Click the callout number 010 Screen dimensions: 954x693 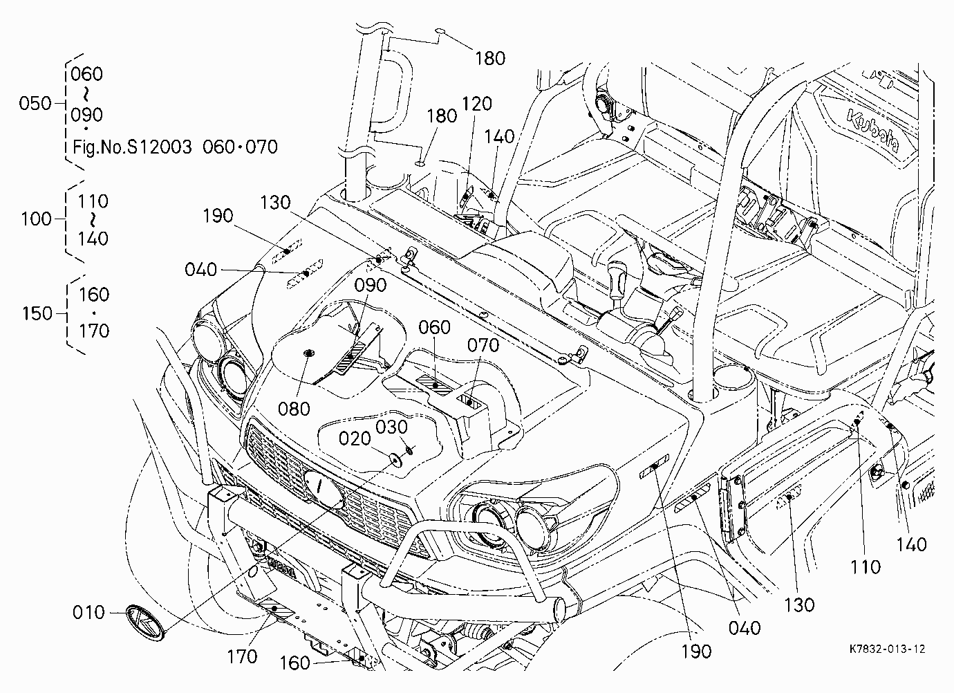click(x=88, y=613)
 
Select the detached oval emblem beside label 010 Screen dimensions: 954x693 click(x=144, y=622)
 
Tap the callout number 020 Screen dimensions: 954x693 click(x=355, y=438)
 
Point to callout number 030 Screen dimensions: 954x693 click(x=391, y=427)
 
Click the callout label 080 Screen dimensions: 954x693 click(x=294, y=409)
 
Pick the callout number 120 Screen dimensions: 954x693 click(x=476, y=104)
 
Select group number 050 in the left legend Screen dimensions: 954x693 click(x=35, y=103)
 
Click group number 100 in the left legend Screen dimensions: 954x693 click(x=36, y=219)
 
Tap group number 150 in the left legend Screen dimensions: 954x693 click(x=37, y=314)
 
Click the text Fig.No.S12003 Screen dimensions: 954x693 click(x=132, y=147)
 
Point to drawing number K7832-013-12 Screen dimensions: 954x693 click(x=888, y=649)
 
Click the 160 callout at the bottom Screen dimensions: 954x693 click(x=294, y=663)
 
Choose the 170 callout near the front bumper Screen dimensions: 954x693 click(x=242, y=656)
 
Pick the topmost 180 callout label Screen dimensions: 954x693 click(x=490, y=58)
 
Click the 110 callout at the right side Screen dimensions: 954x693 click(x=866, y=567)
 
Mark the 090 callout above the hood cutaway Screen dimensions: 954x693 click(x=371, y=285)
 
